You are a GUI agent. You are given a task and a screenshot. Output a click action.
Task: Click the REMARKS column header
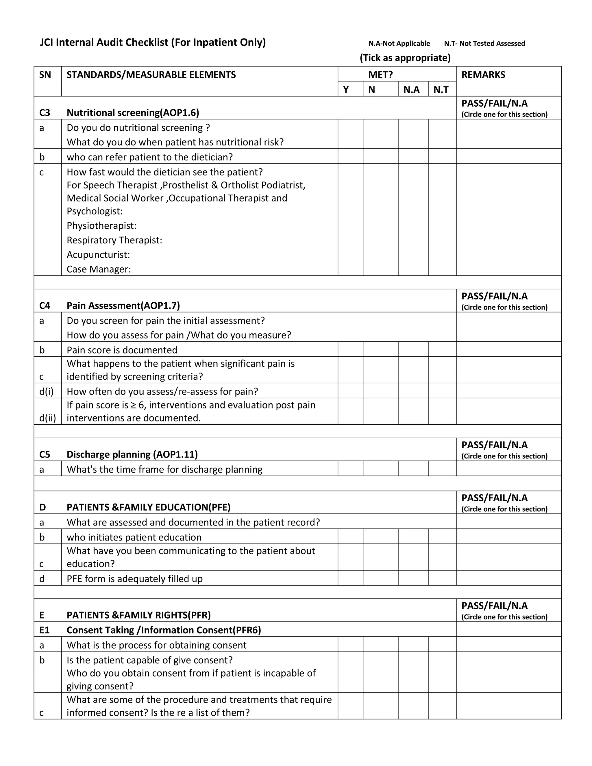pyautogui.click(x=483, y=75)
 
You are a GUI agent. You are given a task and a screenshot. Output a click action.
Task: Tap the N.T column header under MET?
pyautogui.click(x=441, y=90)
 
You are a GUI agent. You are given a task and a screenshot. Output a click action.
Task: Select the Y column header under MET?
pyautogui.click(x=346, y=90)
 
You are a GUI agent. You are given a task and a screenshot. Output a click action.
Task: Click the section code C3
pyautogui.click(x=45, y=112)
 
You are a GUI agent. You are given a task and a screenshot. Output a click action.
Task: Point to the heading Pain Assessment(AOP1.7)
pyautogui.click(x=123, y=306)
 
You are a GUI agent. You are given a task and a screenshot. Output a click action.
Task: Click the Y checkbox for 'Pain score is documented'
pyautogui.click(x=350, y=349)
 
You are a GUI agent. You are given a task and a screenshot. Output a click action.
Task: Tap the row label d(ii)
pyautogui.click(x=47, y=418)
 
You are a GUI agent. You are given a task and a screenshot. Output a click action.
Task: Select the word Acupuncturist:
pyautogui.click(x=98, y=255)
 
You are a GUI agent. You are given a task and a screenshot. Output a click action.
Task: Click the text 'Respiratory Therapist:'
pyautogui.click(x=114, y=240)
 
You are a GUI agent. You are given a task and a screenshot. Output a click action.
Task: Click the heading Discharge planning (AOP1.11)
pyautogui.click(x=132, y=455)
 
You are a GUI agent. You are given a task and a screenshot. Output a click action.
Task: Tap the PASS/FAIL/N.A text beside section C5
pyautogui.click(x=494, y=445)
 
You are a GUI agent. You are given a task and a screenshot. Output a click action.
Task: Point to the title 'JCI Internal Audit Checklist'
pyautogui.click(x=153, y=42)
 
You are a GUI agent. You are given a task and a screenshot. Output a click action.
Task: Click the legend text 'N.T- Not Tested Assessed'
pyautogui.click(x=484, y=43)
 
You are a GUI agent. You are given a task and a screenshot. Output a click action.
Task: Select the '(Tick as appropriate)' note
pyautogui.click(x=405, y=58)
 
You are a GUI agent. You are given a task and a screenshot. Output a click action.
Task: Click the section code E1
pyautogui.click(x=45, y=630)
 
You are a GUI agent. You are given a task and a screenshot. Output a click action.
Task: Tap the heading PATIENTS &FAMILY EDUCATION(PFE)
pyautogui.click(x=148, y=508)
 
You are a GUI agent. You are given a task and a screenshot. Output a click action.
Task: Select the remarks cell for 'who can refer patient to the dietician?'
pyautogui.click(x=508, y=156)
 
